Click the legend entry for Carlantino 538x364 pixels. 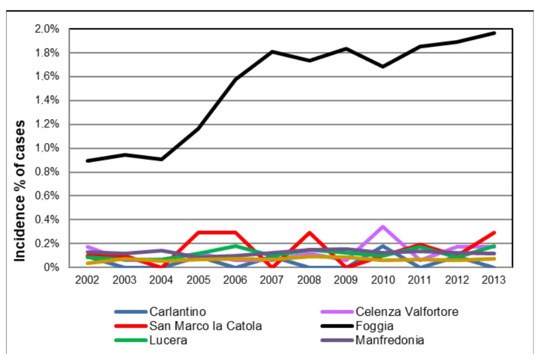coord(178,312)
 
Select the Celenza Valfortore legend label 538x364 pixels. coord(406,312)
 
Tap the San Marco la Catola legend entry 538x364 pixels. coord(205,326)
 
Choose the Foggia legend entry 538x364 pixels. coord(374,326)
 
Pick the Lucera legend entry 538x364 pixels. coord(168,341)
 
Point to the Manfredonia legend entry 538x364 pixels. coord(389,341)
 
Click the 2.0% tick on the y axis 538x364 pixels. coord(47,29)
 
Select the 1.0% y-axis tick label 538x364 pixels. coord(47,148)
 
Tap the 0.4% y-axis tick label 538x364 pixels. coord(47,220)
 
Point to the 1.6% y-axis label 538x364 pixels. coord(47,77)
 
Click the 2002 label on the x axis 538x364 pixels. coord(88,280)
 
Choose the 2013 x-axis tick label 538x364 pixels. coord(494,280)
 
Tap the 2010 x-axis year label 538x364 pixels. coord(383,280)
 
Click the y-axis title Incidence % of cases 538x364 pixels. coord(20,191)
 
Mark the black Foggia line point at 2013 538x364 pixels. coord(494,33)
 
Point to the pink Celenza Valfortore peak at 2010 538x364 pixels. coord(383,226)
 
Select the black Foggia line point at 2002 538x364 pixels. coord(88,161)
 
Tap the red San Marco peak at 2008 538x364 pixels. coord(309,232)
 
